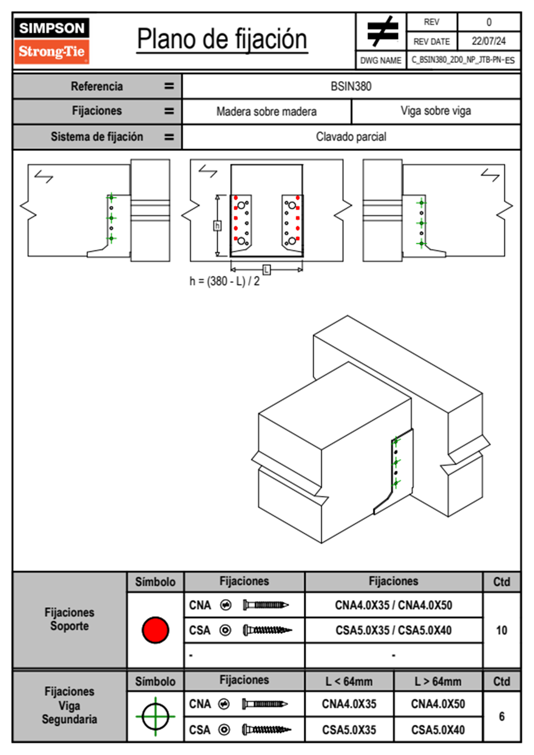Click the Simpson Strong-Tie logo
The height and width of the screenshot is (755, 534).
52,40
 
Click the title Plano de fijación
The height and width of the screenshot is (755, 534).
222,40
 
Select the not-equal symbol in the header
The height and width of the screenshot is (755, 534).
382,31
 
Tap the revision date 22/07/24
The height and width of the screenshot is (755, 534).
488,41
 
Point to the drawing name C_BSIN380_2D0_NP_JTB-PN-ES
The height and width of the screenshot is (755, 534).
463,60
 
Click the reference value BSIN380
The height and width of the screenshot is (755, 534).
351,86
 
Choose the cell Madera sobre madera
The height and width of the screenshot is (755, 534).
267,111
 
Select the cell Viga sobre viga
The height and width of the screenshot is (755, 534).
436,111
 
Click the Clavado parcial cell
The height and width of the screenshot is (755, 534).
351,136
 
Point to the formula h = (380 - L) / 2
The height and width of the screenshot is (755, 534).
224,281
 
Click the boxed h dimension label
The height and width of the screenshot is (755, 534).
217,225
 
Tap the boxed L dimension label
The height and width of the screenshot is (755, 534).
267,269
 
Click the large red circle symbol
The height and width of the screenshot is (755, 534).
155,630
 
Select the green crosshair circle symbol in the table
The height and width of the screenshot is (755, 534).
155,716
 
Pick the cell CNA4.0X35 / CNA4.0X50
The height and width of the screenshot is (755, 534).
394,605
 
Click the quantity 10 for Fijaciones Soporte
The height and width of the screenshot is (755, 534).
502,630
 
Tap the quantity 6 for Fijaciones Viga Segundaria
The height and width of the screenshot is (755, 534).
502,716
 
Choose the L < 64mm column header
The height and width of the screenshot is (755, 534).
349,681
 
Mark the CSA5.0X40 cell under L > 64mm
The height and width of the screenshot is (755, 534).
438,730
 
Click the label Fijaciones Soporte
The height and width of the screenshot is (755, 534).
70,619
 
